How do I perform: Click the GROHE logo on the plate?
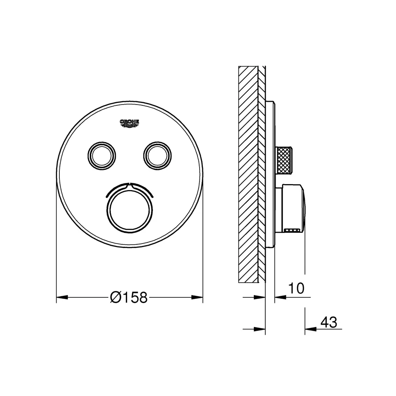pyautogui.click(x=129, y=123)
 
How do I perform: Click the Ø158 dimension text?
pyautogui.click(x=129, y=297)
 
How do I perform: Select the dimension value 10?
pyautogui.click(x=296, y=288)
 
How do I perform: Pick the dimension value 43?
pyautogui.click(x=329, y=322)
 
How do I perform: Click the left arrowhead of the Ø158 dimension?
pyautogui.click(x=62, y=297)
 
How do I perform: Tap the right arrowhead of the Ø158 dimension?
pyautogui.click(x=197, y=297)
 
